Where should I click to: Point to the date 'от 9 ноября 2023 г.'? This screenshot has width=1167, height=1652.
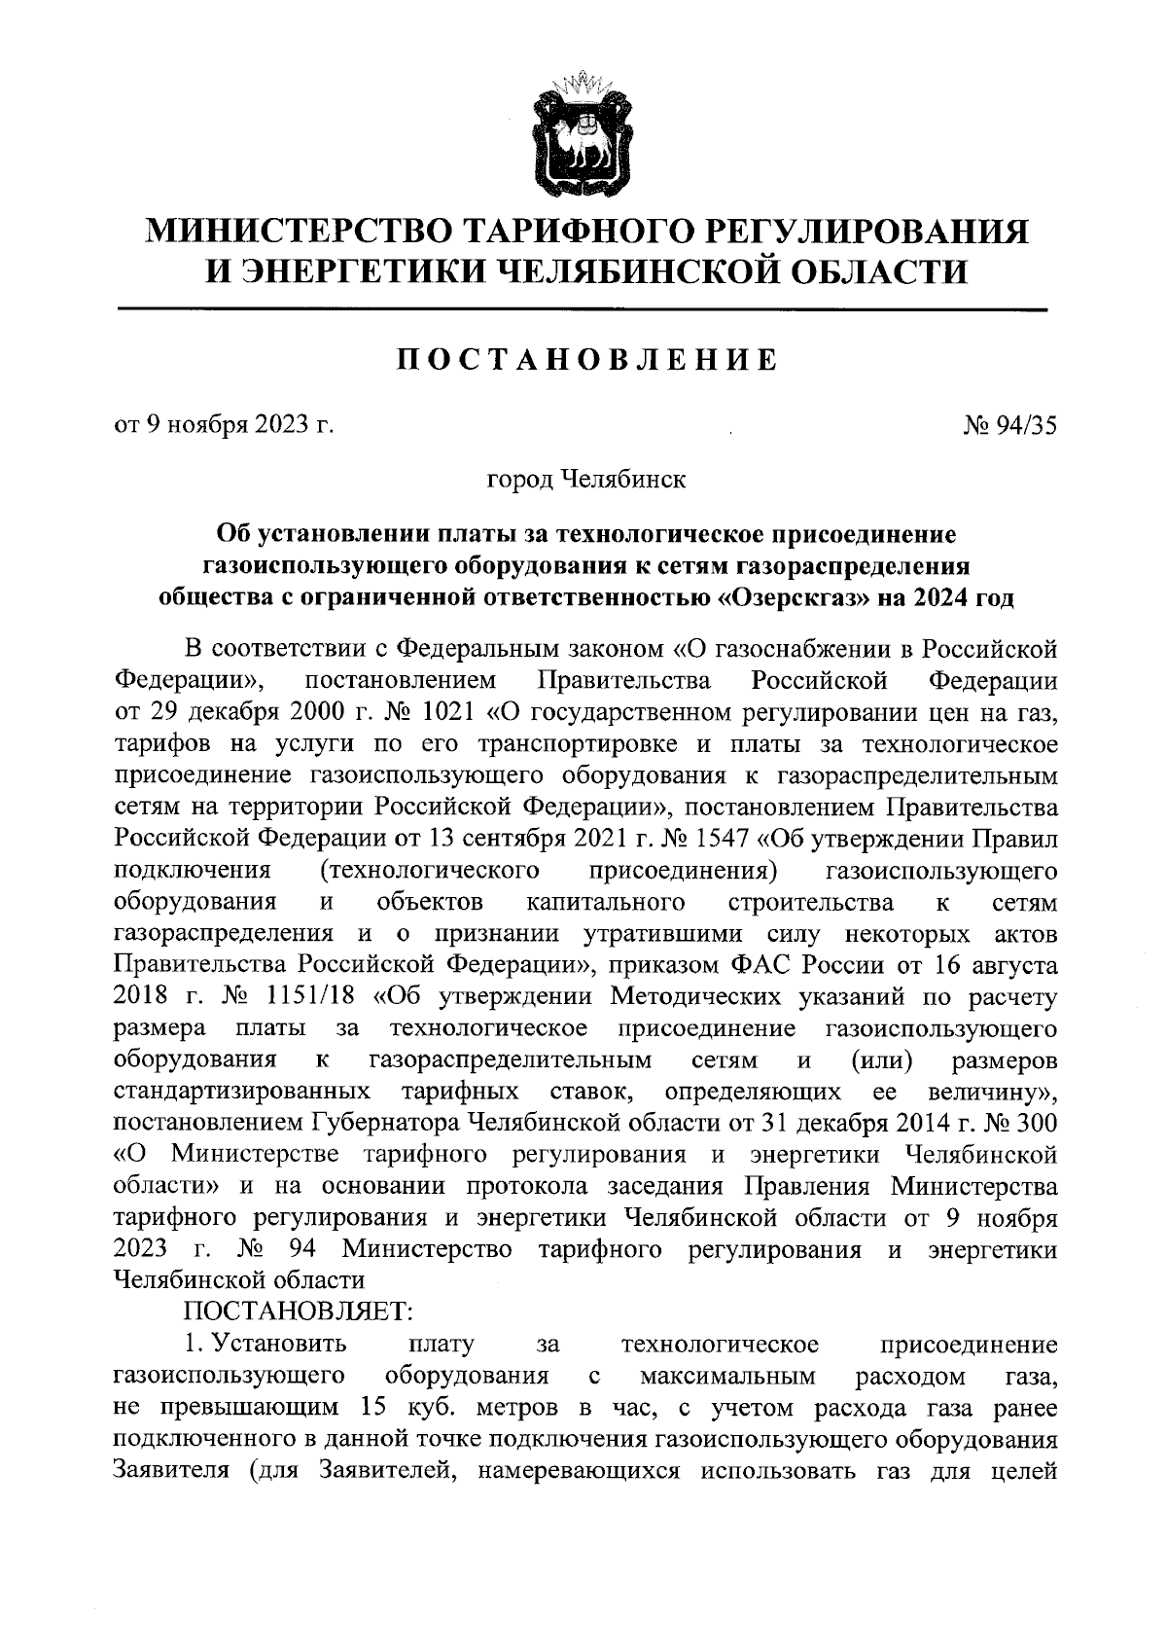(224, 425)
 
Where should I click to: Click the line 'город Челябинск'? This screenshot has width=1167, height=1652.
(585, 480)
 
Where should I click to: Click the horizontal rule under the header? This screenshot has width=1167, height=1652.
(582, 309)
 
